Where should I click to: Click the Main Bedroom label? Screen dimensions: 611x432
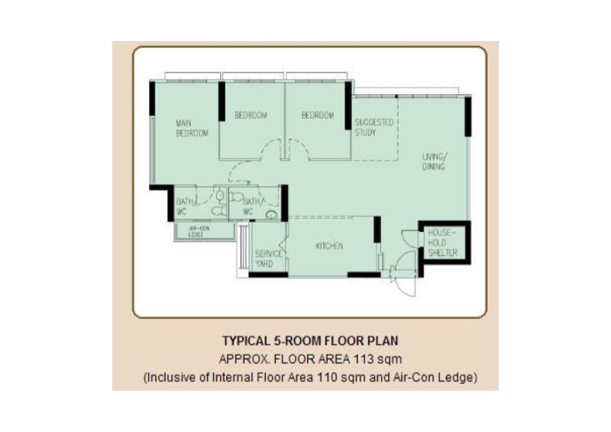(x=192, y=128)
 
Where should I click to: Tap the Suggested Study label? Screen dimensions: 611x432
(x=373, y=127)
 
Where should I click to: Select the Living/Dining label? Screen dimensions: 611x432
(x=435, y=162)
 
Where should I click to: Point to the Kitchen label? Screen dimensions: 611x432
(x=329, y=247)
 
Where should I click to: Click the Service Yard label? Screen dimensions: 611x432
(x=269, y=259)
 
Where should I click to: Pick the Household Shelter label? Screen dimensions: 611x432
(x=442, y=243)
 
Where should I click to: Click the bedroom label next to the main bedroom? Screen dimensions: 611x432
(x=251, y=115)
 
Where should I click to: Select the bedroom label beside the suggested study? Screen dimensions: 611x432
(x=318, y=115)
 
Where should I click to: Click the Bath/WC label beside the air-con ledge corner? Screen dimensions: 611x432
(x=184, y=207)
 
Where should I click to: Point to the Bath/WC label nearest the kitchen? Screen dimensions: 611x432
(x=251, y=207)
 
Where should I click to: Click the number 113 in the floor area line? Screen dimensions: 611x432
(x=364, y=359)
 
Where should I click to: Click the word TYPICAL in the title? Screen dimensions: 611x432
(x=246, y=341)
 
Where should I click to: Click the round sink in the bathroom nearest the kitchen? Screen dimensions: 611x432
(x=272, y=214)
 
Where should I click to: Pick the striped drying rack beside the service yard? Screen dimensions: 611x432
(x=244, y=247)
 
